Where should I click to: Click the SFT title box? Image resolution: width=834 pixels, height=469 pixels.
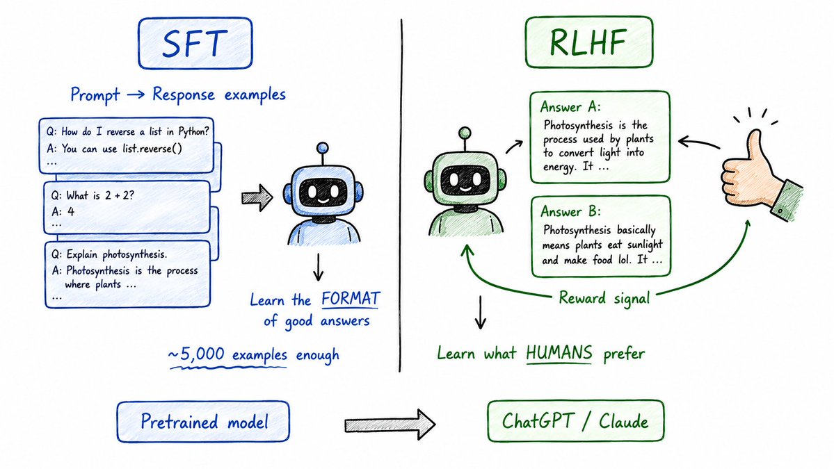[195, 43]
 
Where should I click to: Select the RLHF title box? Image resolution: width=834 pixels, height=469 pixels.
[588, 42]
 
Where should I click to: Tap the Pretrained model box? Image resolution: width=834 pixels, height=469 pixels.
[203, 422]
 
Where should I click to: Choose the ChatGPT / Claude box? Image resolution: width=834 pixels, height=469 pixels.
[575, 421]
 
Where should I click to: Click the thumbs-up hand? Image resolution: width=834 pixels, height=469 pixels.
[758, 170]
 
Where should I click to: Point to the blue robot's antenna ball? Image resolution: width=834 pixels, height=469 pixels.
[322, 148]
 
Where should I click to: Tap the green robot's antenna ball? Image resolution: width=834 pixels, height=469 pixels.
[465, 133]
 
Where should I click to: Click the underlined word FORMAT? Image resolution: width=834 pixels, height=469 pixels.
[351, 299]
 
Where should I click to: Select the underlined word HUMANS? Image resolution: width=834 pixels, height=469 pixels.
[559, 353]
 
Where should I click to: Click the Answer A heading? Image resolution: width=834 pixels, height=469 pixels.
[570, 107]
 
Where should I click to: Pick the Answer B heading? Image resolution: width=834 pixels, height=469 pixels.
[570, 211]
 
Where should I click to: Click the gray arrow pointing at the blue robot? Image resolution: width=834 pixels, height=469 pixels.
[257, 198]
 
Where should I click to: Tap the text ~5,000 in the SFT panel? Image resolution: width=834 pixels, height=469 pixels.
[196, 354]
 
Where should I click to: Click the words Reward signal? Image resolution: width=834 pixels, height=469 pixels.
[604, 298]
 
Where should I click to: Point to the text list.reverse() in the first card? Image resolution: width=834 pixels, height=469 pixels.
[152, 149]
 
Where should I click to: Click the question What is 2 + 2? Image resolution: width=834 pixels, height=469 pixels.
[93, 195]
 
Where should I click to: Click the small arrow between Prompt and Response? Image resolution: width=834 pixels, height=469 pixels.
[136, 94]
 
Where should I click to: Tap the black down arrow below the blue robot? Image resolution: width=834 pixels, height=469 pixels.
[318, 267]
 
